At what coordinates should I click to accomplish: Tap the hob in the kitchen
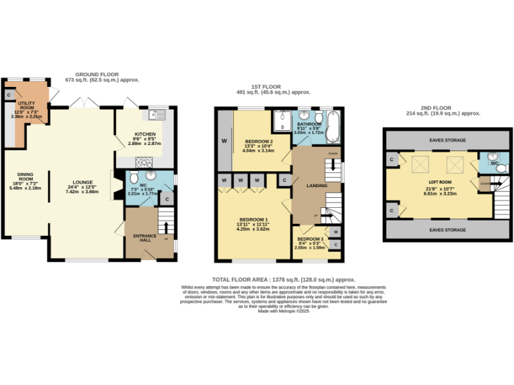(x=143, y=160)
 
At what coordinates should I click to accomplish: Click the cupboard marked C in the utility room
(x=9, y=96)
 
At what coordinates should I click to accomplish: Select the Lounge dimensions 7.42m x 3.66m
(x=82, y=192)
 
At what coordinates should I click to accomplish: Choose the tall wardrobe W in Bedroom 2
(x=224, y=141)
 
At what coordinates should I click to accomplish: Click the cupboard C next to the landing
(x=284, y=180)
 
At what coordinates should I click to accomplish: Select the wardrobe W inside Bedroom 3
(x=335, y=232)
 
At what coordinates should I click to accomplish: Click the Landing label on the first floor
(x=315, y=186)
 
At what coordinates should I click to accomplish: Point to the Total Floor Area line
(x=284, y=279)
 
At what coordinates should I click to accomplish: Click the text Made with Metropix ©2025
(x=284, y=311)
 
